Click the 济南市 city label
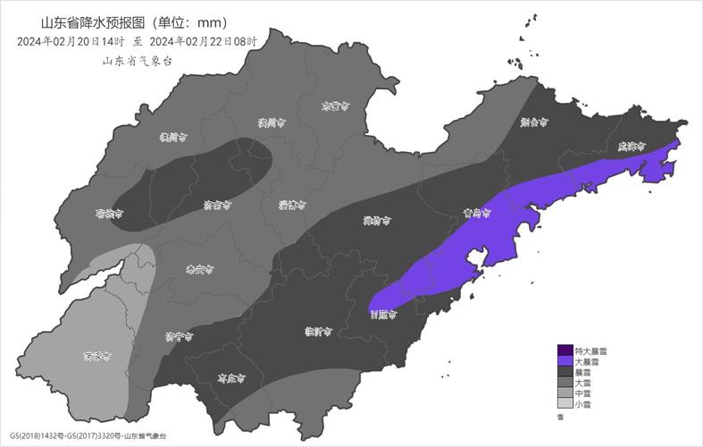217,204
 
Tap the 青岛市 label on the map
478,213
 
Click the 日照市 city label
383,314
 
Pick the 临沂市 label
318,332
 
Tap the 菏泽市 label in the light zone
96,356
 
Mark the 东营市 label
335,106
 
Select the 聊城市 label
109,215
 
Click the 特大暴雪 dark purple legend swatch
565,350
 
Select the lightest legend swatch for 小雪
565,404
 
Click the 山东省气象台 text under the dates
137,61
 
